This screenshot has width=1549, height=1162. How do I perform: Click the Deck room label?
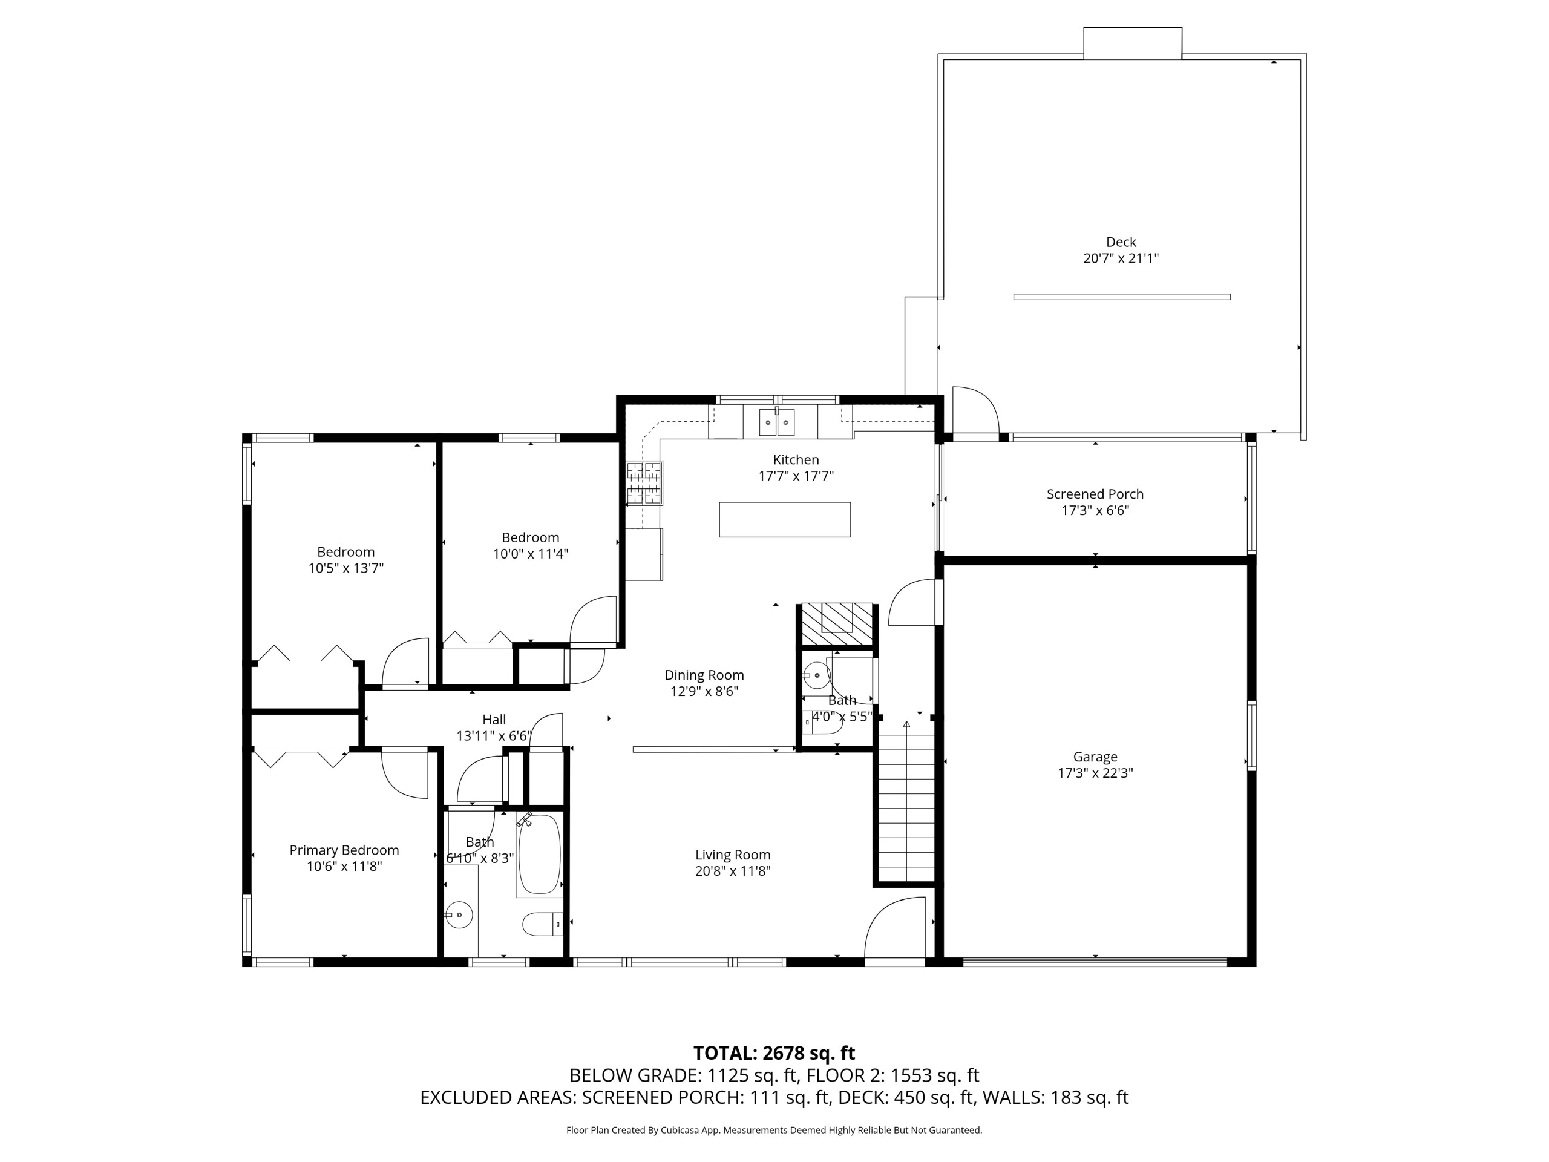pyautogui.click(x=1121, y=242)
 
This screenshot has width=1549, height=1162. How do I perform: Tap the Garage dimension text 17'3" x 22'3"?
pyautogui.click(x=1095, y=773)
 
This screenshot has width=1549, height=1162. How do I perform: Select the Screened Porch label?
pyautogui.click(x=1095, y=494)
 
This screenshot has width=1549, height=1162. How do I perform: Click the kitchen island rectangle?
pyautogui.click(x=785, y=520)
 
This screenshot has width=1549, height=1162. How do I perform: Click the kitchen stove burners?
pyautogui.click(x=644, y=484)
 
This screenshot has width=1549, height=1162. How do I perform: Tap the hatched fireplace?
pyautogui.click(x=837, y=623)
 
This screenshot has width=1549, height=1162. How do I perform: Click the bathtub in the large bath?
pyautogui.click(x=539, y=854)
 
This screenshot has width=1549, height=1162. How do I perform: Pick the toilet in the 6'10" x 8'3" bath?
pyautogui.click(x=543, y=924)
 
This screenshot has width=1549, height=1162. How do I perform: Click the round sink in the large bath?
pyautogui.click(x=459, y=914)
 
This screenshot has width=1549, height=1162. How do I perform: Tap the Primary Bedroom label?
pyautogui.click(x=344, y=850)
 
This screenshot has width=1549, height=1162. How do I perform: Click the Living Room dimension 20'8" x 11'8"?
pyautogui.click(x=733, y=871)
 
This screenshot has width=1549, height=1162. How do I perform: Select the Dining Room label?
pyautogui.click(x=704, y=675)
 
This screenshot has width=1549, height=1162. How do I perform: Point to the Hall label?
pyautogui.click(x=494, y=720)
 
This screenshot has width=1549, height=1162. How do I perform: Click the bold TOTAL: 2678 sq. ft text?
pyautogui.click(x=774, y=1054)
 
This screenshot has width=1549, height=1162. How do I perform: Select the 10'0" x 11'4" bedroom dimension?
pyautogui.click(x=530, y=554)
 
